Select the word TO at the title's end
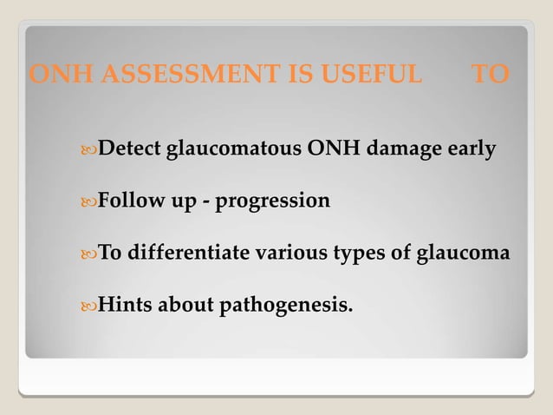[490, 75]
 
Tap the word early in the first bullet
[471, 149]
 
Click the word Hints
[124, 305]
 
